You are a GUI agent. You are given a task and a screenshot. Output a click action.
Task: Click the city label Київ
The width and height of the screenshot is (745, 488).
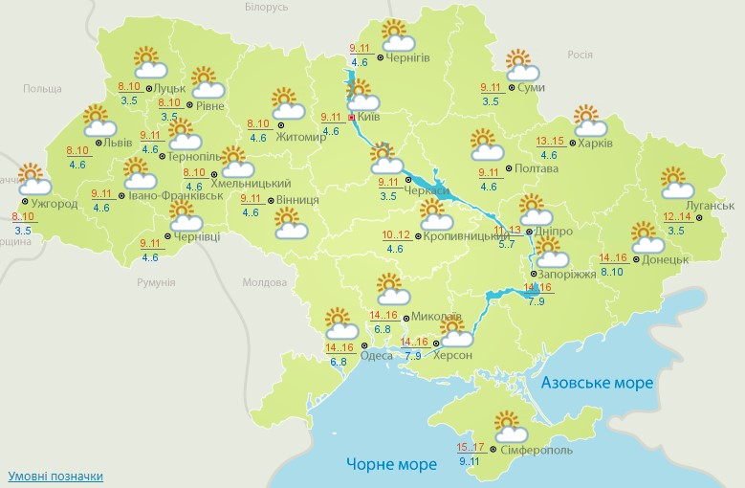[x=368, y=117]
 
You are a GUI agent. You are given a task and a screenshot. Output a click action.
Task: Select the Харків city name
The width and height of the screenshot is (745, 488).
[x=595, y=144]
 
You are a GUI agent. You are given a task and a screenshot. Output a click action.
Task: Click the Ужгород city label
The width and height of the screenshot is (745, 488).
[x=54, y=204]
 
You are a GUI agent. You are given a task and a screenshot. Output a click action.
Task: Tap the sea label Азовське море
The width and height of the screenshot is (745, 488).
[x=597, y=383]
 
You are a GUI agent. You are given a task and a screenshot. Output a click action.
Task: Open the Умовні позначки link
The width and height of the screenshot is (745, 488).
[x=55, y=476]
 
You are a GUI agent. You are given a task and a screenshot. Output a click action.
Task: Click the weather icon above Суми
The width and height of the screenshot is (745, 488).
[x=520, y=66]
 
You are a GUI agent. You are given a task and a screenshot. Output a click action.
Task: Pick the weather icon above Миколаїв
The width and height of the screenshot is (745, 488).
[x=390, y=289]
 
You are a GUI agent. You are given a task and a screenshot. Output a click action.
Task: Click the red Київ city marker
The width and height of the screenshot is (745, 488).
[x=351, y=118]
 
